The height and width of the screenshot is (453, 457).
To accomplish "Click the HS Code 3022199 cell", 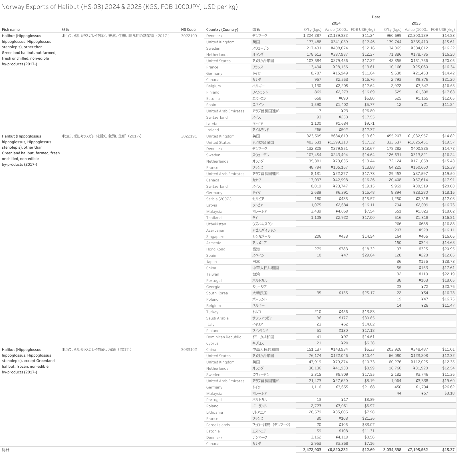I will click(x=189, y=36).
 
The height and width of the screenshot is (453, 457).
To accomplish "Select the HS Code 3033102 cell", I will click(x=189, y=349).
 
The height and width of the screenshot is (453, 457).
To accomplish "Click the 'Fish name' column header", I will click(x=11, y=29).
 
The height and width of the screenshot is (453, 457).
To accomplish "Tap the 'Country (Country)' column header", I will click(x=222, y=29).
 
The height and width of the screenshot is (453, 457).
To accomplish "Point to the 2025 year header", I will click(x=416, y=23).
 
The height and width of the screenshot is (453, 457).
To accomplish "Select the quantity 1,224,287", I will click(x=312, y=36).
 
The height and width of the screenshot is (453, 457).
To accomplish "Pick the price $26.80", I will click(x=368, y=111).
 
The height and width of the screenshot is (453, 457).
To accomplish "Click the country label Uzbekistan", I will click(x=216, y=224).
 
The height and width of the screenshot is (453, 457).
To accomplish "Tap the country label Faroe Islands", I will click(x=218, y=425).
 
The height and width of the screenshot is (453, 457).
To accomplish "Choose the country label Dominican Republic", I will click(x=224, y=337).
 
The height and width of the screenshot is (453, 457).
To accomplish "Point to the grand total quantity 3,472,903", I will click(x=312, y=450).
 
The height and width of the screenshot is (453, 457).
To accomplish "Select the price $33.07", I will click(x=368, y=425).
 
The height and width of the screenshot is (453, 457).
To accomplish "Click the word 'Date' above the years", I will click(x=376, y=17).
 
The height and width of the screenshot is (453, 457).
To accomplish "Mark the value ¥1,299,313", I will click(x=337, y=142).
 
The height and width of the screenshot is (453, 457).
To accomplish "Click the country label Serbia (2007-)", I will click(x=219, y=199).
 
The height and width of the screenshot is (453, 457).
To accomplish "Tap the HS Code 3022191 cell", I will click(x=189, y=136).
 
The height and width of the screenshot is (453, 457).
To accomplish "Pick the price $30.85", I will click(x=368, y=318).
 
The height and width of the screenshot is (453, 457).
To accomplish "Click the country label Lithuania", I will click(x=214, y=412).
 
